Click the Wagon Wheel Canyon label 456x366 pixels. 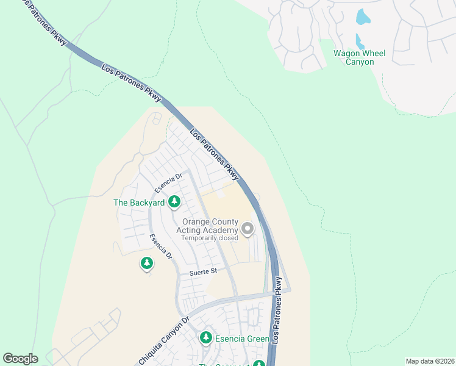[x=359, y=58]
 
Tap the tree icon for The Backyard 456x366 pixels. [x=174, y=201]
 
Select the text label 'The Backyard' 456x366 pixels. [x=139, y=202]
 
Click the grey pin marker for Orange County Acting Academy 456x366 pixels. [x=248, y=229]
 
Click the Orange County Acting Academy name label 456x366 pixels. [x=207, y=226]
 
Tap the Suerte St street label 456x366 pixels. [x=203, y=271]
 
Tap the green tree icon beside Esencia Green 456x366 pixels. [x=206, y=338]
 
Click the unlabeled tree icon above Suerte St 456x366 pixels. [x=146, y=263]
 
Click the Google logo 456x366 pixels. [x=20, y=359]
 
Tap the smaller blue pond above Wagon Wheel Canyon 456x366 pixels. [x=360, y=42]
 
